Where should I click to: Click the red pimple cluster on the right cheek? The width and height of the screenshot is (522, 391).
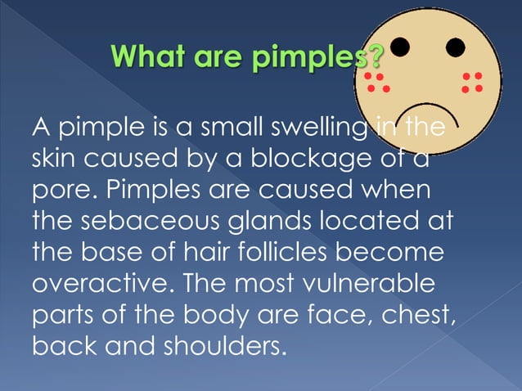pyautogui.click(x=472, y=82)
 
